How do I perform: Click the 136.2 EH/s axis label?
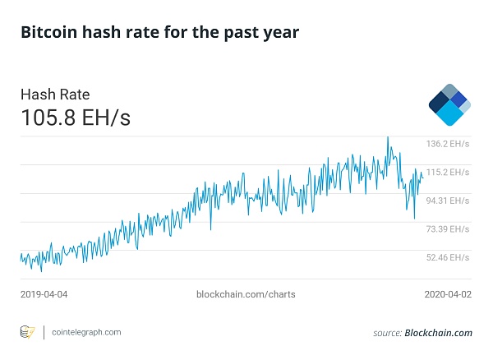coord(447,144)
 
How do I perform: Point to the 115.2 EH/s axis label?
coord(447,173)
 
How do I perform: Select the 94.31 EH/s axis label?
coord(447,201)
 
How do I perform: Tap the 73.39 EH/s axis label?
coord(447,228)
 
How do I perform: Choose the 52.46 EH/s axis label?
coord(447,257)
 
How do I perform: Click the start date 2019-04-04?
coord(44,293)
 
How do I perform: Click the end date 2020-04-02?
coord(448,293)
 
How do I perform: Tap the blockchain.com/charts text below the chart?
coord(246,293)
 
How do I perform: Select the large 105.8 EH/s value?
coord(75,118)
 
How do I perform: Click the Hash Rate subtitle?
coord(55,95)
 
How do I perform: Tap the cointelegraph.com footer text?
coord(85,332)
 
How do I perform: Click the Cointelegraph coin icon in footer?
coord(27,332)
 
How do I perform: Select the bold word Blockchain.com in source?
coord(439,333)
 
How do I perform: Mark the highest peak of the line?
coord(388,136)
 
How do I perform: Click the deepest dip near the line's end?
coord(414,219)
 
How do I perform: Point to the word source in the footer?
coord(386,333)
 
